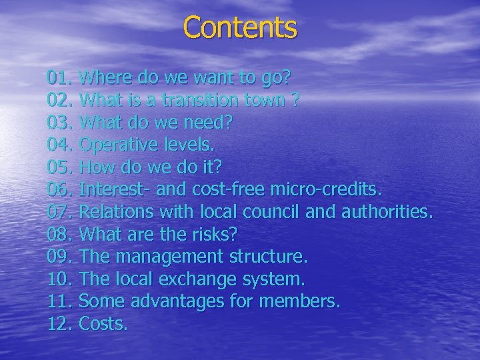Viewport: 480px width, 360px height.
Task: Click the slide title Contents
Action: (240, 28)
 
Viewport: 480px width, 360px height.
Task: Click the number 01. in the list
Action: (61, 78)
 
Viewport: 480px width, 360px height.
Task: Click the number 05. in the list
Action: (61, 169)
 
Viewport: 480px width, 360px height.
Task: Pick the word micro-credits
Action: (327, 191)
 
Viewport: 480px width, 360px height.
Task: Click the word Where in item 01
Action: (104, 78)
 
